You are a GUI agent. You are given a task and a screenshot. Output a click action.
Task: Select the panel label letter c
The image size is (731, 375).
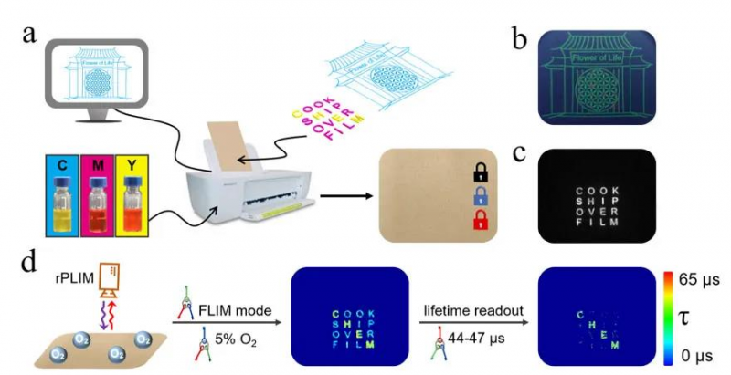pyautogui.click(x=518, y=153)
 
